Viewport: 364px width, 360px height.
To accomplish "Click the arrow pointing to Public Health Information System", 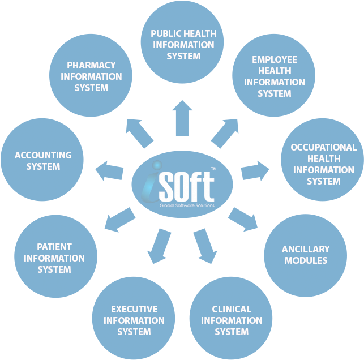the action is [182, 118].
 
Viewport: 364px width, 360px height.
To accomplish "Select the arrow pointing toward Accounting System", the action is [109, 170].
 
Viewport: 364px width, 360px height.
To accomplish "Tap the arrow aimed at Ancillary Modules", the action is [243, 220].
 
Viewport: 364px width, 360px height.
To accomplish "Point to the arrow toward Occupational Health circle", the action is [255, 171].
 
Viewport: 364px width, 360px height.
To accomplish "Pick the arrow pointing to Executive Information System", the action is [159, 246].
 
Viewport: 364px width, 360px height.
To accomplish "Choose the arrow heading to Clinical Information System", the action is [205, 246].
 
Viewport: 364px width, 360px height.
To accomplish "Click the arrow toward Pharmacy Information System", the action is [139, 134].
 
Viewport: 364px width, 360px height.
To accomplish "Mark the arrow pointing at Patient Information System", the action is [120, 220].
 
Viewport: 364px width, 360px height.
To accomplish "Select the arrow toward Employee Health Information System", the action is [225, 134].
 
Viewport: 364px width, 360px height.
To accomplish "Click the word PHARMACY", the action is [91, 65].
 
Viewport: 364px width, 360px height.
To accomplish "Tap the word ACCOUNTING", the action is [43, 155].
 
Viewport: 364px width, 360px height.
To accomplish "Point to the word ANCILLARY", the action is [306, 249].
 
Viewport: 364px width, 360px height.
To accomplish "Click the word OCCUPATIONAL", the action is [324, 147].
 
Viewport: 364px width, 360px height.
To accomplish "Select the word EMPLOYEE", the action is [275, 59].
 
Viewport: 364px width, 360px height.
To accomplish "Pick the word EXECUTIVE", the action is [134, 309].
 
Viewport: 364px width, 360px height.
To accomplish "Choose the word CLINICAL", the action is [232, 309].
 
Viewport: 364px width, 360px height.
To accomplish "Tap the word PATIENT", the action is [54, 247].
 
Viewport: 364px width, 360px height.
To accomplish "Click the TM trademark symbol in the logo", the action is [213, 169].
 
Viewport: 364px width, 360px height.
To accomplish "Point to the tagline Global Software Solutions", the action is [187, 205].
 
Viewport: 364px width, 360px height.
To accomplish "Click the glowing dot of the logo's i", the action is [157, 165].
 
